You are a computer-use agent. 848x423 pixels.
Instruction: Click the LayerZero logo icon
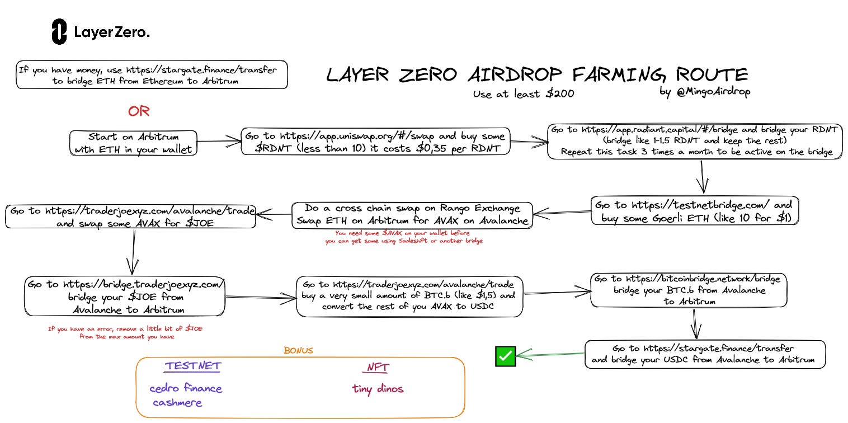tap(59, 32)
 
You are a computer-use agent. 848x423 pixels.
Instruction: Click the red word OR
tap(139, 111)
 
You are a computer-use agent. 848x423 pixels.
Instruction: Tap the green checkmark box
tap(505, 356)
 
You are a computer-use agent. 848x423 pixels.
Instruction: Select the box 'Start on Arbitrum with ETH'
tap(134, 143)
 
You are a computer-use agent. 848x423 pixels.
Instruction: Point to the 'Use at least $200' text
tap(523, 94)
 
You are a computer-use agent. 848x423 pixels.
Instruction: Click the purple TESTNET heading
tap(193, 366)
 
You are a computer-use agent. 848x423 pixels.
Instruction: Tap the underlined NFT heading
tap(378, 367)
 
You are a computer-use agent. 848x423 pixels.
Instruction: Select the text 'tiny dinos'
tap(378, 389)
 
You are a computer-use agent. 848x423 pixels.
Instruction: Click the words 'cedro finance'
tap(186, 388)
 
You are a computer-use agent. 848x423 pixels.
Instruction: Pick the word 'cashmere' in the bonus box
tap(178, 402)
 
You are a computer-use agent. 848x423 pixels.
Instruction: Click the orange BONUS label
tap(298, 351)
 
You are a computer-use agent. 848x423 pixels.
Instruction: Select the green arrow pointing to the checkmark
tap(551, 354)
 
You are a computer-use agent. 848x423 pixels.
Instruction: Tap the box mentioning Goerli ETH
tap(695, 210)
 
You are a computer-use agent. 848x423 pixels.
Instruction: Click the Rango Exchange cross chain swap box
tap(412, 215)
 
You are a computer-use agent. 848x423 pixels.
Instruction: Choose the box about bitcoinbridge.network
tap(689, 290)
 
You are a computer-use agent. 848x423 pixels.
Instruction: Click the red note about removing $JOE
tap(125, 333)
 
